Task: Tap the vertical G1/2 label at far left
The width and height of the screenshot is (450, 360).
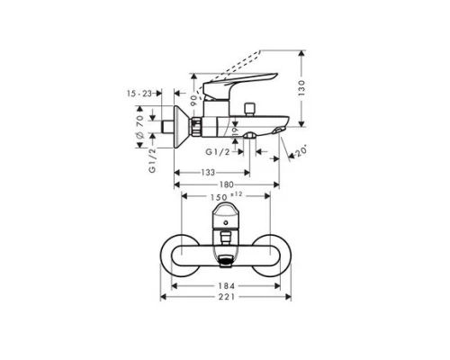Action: click(154, 157)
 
